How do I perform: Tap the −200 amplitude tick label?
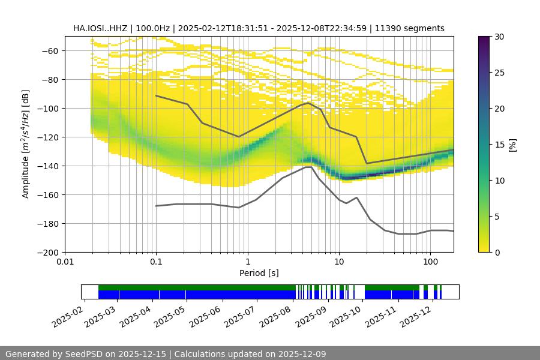click(x=48, y=252)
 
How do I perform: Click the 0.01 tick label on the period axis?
click(x=65, y=262)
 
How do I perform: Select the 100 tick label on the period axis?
click(x=430, y=262)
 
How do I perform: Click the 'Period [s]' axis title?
click(x=259, y=273)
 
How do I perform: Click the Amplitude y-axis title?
click(x=25, y=144)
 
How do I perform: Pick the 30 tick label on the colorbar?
click(x=499, y=37)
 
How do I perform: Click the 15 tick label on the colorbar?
click(x=499, y=145)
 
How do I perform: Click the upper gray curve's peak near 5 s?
click(x=308, y=103)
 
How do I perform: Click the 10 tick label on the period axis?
click(x=339, y=262)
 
